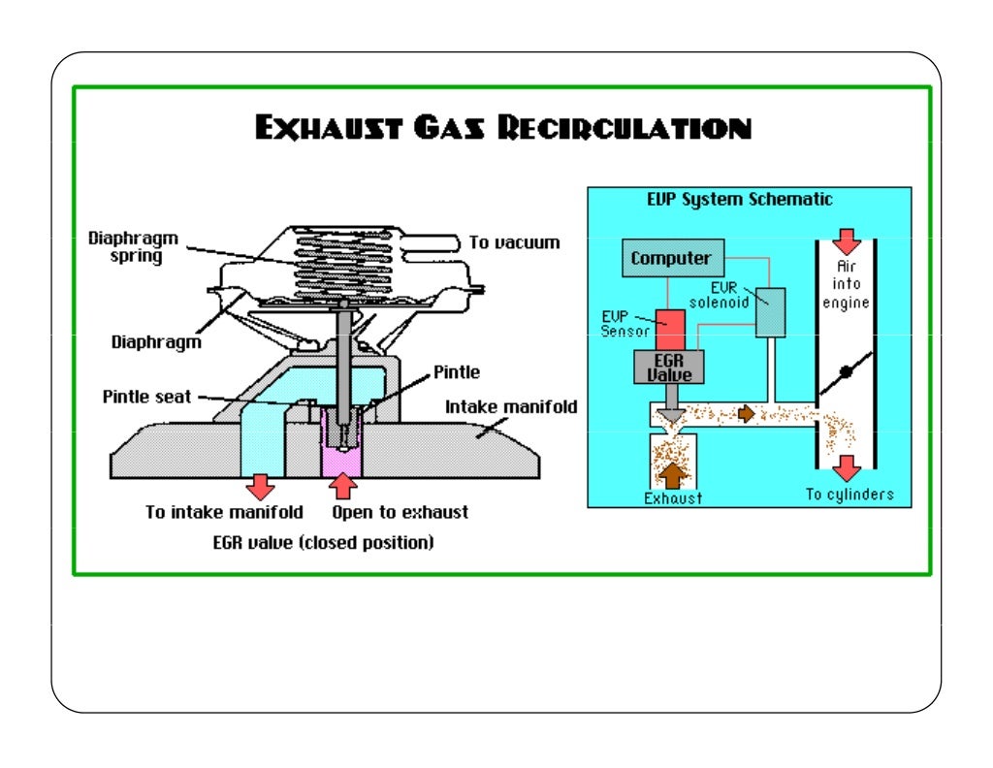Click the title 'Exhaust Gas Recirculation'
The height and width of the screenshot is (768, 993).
coord(503,129)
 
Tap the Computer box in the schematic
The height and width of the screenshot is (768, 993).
coord(671,259)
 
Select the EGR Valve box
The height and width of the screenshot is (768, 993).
coord(667,366)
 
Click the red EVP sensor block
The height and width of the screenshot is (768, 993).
coord(670,328)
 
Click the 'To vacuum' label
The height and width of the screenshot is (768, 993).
coord(514,242)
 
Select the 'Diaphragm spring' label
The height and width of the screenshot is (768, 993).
coord(125,246)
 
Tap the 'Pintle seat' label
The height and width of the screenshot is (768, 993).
coord(146,398)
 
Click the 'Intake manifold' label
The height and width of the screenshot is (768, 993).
coord(510,407)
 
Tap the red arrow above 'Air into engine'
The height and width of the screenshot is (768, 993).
coord(847,241)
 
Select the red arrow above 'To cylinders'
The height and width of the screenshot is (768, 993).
coord(847,468)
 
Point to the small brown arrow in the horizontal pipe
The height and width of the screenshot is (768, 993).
coord(746,414)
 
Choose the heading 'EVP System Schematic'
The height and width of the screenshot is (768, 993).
coord(739,200)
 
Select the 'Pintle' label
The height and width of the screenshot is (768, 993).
coord(456,371)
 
